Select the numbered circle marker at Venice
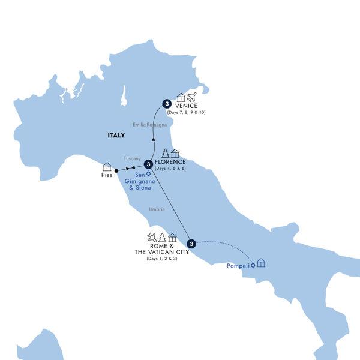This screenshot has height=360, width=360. click(x=166, y=103)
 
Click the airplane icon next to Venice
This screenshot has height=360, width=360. click(x=193, y=97)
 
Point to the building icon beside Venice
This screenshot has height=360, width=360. click(x=181, y=97)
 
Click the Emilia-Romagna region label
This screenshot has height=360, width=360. click(x=149, y=125)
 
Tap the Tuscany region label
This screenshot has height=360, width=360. click(x=132, y=158)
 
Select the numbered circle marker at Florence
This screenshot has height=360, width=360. click(x=148, y=162)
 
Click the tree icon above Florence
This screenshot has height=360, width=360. click(x=165, y=153)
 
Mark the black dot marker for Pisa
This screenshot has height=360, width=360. click(x=116, y=170)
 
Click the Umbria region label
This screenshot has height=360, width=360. click(x=157, y=209)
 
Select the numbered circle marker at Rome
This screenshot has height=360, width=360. click(x=191, y=243)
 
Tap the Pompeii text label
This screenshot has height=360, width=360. click(x=238, y=265)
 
